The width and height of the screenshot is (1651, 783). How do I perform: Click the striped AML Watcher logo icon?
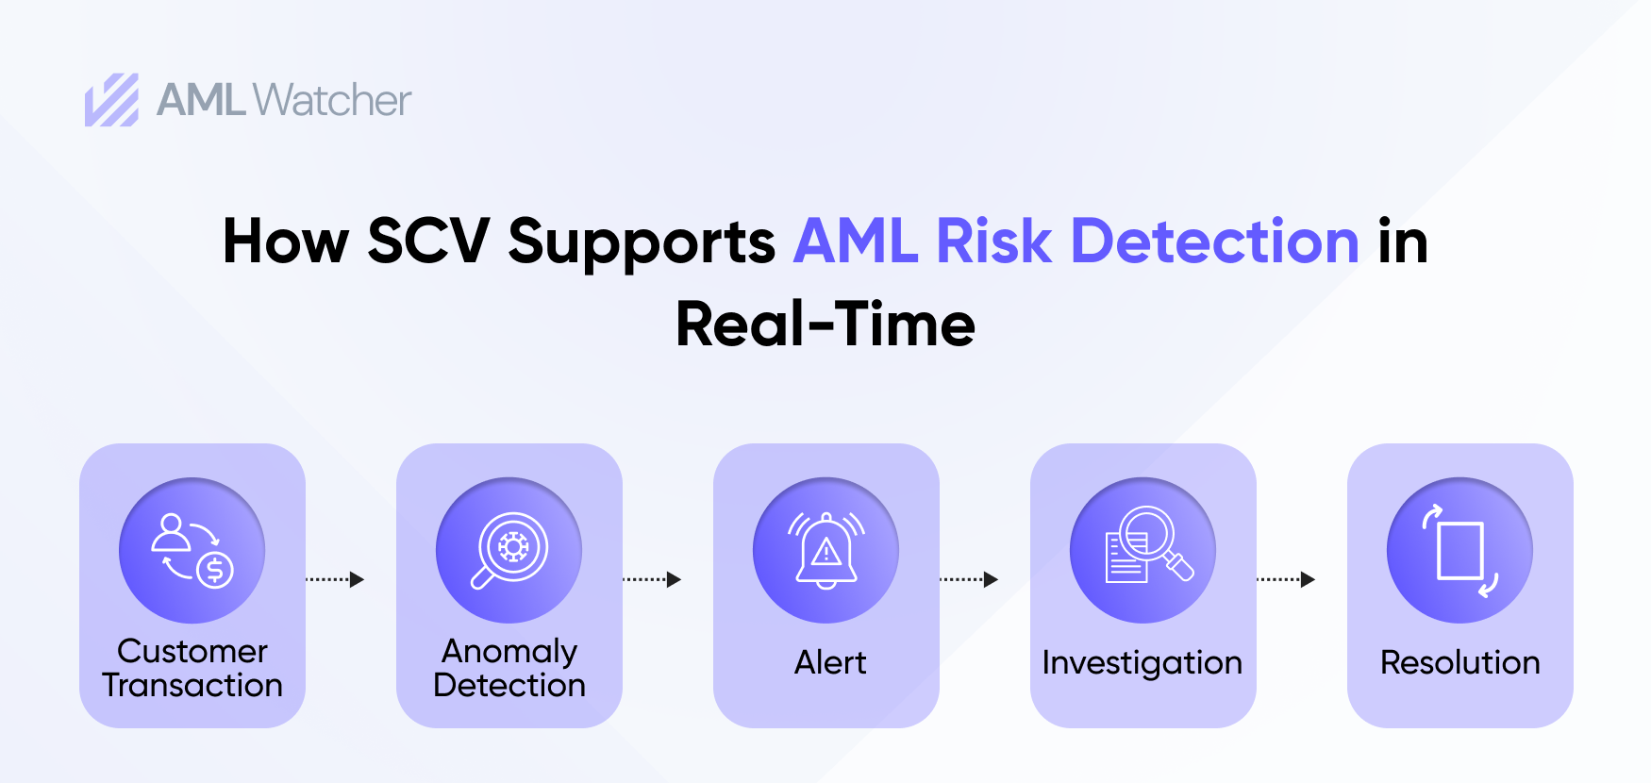111,100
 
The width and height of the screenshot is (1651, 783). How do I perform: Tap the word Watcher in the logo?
332,100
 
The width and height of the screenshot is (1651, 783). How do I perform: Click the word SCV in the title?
427,241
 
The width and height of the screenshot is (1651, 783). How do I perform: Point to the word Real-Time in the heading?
825,324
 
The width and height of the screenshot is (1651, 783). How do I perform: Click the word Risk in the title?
993,241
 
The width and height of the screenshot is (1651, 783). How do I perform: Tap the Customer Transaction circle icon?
192,550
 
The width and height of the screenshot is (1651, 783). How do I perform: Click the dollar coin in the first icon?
215,569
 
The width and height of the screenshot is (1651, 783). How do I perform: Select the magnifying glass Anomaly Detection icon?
509,550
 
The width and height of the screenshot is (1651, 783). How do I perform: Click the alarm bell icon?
826,550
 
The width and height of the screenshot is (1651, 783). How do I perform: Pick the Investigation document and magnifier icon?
1142,550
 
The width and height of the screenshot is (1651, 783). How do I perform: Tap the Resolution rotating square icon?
1459,550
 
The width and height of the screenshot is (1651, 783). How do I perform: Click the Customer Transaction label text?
192,668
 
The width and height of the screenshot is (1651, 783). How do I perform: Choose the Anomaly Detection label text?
509,668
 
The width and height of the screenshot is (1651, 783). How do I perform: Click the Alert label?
829,662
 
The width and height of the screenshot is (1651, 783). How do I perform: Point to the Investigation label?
1142,663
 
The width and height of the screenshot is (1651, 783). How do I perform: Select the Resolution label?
1459,662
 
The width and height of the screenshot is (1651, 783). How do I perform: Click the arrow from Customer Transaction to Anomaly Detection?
336,579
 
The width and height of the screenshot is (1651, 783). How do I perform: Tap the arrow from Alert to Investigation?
970,579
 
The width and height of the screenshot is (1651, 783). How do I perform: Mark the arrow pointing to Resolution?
1287,579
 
